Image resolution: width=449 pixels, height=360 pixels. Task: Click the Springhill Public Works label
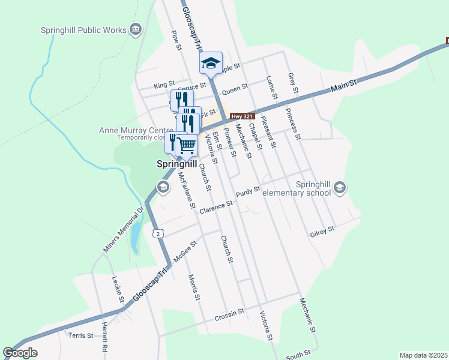point(83,30)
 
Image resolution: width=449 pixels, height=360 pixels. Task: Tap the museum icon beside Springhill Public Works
point(136,29)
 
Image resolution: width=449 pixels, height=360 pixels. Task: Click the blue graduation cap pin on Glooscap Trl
point(211,62)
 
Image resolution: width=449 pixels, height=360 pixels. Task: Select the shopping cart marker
point(187,145)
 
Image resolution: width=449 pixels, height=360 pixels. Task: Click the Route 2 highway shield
point(157,233)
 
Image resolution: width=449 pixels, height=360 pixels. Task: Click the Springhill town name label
point(177,163)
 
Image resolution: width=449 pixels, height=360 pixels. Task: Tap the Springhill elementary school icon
point(340,188)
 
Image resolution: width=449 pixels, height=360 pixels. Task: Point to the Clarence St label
point(215,207)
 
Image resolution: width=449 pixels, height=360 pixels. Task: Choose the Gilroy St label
point(322,230)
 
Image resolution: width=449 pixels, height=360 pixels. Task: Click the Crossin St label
point(229,313)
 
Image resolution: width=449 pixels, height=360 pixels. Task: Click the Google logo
point(20,353)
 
